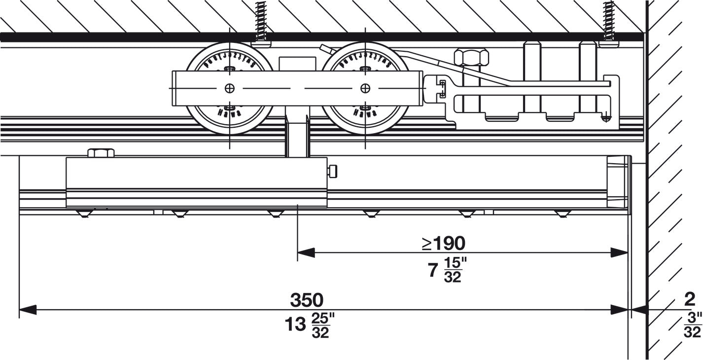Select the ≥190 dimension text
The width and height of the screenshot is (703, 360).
click(443, 243)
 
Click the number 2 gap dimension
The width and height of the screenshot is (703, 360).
click(690, 299)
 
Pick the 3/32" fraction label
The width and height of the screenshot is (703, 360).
click(692, 325)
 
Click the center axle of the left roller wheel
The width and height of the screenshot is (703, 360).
click(229, 88)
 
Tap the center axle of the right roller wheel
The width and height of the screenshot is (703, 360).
click(365, 88)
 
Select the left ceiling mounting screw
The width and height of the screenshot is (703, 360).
click(260, 22)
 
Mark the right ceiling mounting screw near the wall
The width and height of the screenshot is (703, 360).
click(609, 22)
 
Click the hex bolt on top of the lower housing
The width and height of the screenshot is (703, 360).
click(101, 153)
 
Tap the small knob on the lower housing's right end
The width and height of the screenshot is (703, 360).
click(334, 171)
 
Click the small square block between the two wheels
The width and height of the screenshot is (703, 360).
click(297, 64)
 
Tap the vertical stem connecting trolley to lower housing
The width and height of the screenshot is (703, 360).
click(297, 138)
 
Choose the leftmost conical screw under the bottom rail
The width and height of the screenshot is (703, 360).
click(85, 214)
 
